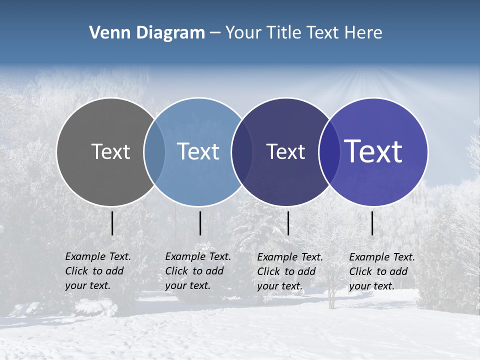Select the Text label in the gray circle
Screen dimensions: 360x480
click(x=110, y=151)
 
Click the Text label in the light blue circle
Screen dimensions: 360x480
click(x=198, y=151)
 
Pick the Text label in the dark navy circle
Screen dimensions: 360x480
click(x=285, y=151)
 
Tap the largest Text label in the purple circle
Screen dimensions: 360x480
click(x=373, y=151)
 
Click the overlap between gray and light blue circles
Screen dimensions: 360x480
click(x=154, y=151)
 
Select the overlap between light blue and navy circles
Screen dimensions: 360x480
click(x=242, y=151)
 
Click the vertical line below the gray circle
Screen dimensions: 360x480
click(x=112, y=223)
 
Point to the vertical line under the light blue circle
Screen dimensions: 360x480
click(x=200, y=223)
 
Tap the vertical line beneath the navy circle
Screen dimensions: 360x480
click(x=288, y=223)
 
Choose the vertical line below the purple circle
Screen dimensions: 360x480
click(x=372, y=223)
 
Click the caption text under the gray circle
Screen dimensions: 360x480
click(x=97, y=271)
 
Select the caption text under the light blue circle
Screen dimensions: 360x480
click(x=197, y=271)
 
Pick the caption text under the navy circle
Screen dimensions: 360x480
click(x=289, y=271)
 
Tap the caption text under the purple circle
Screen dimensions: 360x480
click(x=381, y=271)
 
